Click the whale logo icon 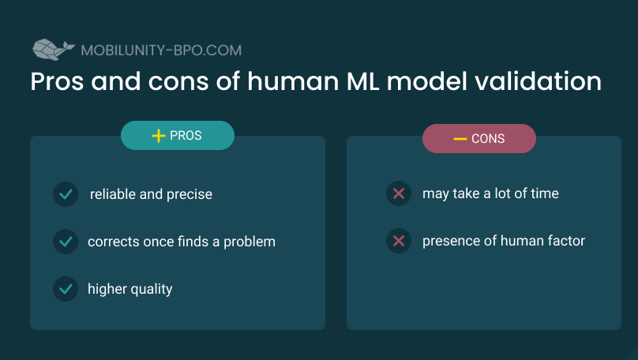(54, 50)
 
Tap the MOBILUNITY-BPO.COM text (161, 51)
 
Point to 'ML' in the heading (363, 81)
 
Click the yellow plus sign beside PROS (158, 136)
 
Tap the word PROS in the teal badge (186, 136)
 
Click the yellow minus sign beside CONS (460, 139)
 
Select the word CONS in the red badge (488, 139)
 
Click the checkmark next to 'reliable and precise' (66, 194)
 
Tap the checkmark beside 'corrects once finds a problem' (66, 242)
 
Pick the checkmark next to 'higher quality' (66, 289)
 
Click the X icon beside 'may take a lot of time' (399, 193)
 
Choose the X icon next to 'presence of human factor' (399, 241)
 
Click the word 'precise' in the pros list (190, 195)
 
